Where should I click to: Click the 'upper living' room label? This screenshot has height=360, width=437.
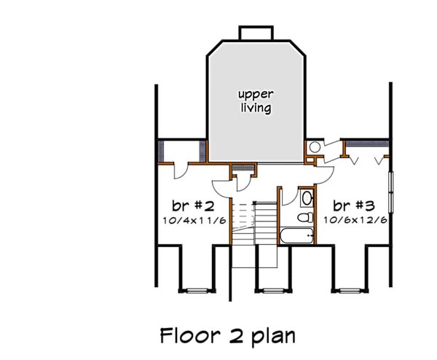click(256, 101)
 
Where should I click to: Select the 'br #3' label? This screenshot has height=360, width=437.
click(354, 204)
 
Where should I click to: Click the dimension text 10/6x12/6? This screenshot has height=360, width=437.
click(354, 219)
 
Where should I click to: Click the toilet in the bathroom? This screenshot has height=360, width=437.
click(307, 217)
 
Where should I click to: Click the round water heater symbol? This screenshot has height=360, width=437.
click(314, 148)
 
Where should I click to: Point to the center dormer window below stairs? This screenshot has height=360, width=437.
click(271, 290)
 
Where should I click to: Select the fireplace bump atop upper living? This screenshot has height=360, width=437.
click(256, 34)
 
